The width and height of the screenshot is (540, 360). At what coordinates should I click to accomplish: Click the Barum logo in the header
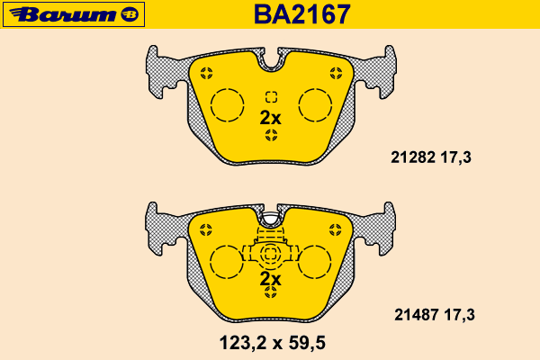click(x=74, y=14)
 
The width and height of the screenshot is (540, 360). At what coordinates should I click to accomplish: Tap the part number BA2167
click(x=302, y=14)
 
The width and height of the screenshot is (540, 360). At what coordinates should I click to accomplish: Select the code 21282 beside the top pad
click(x=413, y=157)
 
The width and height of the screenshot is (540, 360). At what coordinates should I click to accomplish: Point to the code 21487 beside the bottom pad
click(x=417, y=314)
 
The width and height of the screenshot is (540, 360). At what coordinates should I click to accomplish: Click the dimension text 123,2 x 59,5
click(x=272, y=343)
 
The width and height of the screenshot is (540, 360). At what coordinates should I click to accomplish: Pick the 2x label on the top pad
click(x=270, y=118)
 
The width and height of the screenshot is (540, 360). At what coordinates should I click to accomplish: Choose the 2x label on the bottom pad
click(x=270, y=279)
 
